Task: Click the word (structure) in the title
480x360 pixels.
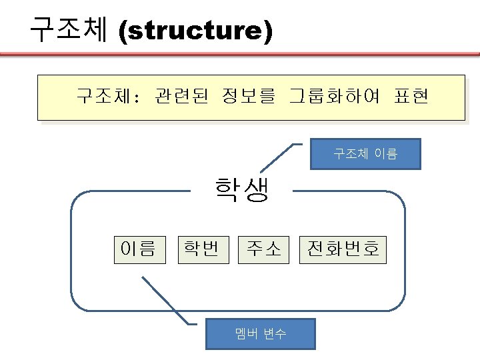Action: (195, 31)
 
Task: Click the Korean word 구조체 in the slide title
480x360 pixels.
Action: (69, 30)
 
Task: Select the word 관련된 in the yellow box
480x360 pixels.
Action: (181, 97)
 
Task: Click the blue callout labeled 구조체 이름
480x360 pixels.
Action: (365, 154)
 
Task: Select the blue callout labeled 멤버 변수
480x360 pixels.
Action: (261, 334)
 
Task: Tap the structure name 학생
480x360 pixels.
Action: (241, 191)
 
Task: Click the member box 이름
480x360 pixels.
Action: (138, 249)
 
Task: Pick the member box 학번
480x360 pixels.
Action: (201, 249)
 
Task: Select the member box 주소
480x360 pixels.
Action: (264, 249)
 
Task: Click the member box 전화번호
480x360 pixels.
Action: (343, 249)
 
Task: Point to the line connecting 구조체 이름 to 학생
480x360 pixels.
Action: (278, 157)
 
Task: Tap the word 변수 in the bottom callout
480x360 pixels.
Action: (275, 334)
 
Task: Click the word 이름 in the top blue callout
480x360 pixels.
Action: (385, 154)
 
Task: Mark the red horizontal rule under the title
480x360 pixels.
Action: (240, 55)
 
